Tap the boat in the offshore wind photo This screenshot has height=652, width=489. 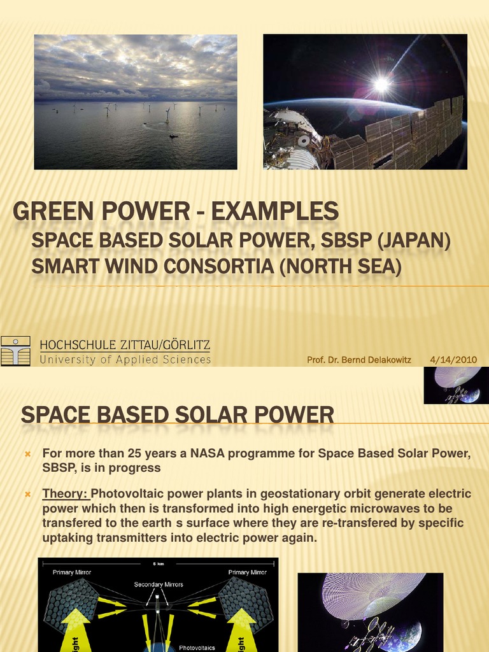173,136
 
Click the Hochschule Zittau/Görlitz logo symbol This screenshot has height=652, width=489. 16,351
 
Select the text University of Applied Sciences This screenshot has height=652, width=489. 125,360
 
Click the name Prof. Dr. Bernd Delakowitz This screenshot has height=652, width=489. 358,360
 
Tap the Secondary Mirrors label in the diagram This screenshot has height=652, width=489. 158,585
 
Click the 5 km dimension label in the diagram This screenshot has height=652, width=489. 158,563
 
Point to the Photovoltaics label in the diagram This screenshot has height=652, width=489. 197,647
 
